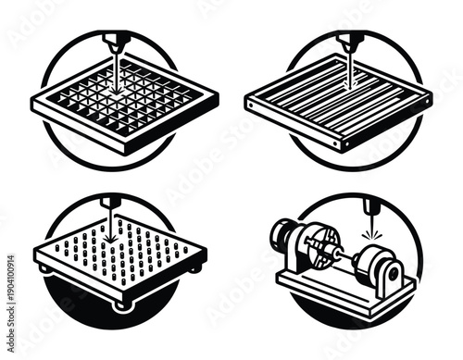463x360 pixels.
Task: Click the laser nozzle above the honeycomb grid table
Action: (117, 42)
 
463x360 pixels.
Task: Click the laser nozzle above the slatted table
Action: (349, 42)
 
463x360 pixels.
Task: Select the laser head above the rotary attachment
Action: (369, 205)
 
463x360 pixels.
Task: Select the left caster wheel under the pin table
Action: (44, 269)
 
